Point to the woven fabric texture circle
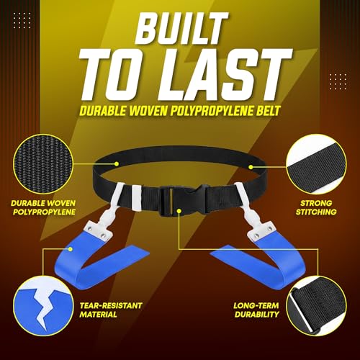[x=43, y=164]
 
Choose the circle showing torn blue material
[x=43, y=306]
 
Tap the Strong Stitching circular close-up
[x=316, y=164]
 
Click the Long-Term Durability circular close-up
[x=317, y=305]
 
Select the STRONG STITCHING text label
[x=316, y=207]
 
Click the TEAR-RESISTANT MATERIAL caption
[x=111, y=310]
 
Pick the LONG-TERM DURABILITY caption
[x=256, y=310]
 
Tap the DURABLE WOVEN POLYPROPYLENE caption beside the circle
[x=43, y=207]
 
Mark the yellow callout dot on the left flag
[x=70, y=249]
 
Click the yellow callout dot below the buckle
[x=179, y=211]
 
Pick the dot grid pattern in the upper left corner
[x=22, y=20]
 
